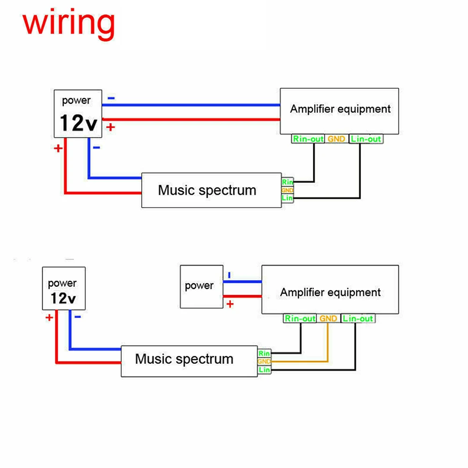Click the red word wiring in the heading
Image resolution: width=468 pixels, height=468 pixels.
69,23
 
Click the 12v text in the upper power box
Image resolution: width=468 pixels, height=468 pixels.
79,123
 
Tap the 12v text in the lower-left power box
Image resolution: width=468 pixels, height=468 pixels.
64,298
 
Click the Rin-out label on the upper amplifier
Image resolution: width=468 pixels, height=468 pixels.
308,139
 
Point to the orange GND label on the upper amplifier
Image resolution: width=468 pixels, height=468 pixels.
337,139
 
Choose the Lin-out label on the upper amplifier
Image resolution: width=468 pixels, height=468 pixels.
366,139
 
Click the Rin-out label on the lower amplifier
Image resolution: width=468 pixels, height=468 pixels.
300,318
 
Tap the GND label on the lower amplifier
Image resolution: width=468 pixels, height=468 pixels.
329,318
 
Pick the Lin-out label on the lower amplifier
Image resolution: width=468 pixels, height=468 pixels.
358,318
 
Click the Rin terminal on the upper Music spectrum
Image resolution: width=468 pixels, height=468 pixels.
288,182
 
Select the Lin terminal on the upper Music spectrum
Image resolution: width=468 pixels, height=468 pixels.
288,199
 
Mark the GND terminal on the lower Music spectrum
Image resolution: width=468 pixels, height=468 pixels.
264,361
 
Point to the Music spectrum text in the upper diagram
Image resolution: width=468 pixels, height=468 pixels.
207,190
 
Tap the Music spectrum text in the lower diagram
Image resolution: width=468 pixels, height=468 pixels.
184,359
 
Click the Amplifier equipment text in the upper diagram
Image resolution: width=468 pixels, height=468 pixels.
340,109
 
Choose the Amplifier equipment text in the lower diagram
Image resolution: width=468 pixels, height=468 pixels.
331,293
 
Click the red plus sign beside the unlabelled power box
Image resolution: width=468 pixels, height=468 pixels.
230,304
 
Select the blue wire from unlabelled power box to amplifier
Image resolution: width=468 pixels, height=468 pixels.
242,281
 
